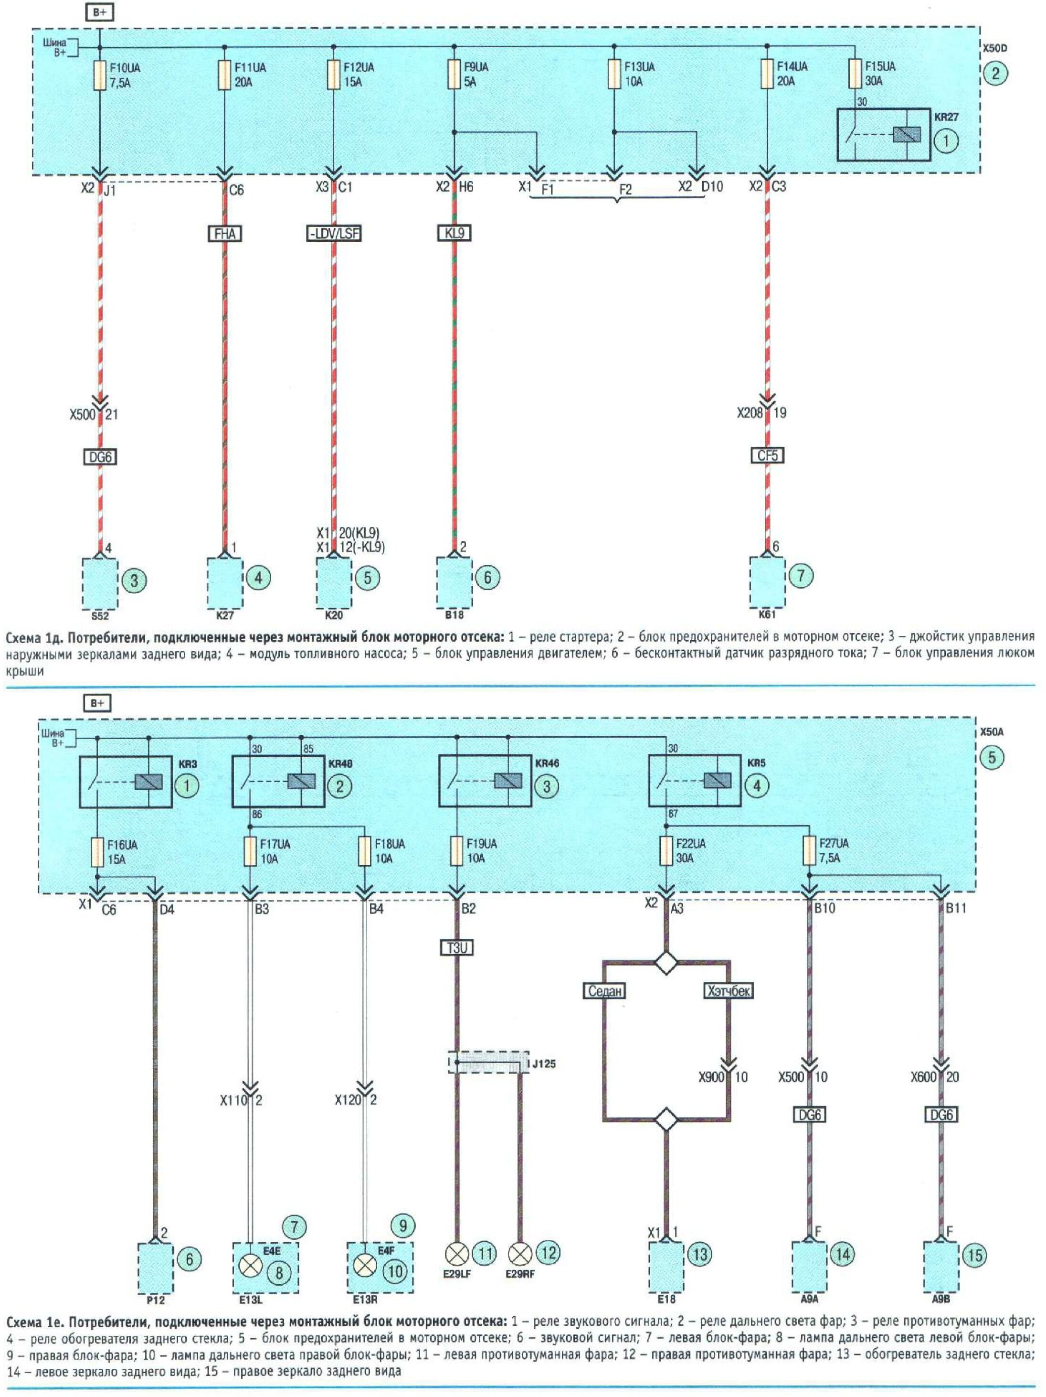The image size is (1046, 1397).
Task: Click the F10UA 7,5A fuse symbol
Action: pyautogui.click(x=100, y=75)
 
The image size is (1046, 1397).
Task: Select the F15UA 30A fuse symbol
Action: pyautogui.click(x=856, y=74)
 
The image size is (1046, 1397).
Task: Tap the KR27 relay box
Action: pyautogui.click(x=883, y=135)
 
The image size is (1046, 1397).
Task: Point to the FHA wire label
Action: pyautogui.click(x=225, y=234)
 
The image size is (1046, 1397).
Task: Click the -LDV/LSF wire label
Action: pyautogui.click(x=333, y=234)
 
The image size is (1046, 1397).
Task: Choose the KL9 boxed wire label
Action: pyautogui.click(x=454, y=233)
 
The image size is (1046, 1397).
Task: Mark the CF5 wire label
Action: pyautogui.click(x=767, y=455)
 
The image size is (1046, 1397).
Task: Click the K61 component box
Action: pyautogui.click(x=767, y=581)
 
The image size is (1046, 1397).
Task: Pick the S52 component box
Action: pyautogui.click(x=100, y=582)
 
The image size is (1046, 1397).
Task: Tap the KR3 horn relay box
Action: pyautogui.click(x=126, y=782)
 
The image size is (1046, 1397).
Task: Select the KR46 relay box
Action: pyautogui.click(x=486, y=782)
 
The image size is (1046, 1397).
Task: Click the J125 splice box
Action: pyautogui.click(x=488, y=1062)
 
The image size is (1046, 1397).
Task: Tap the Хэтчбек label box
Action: pyautogui.click(x=729, y=990)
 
